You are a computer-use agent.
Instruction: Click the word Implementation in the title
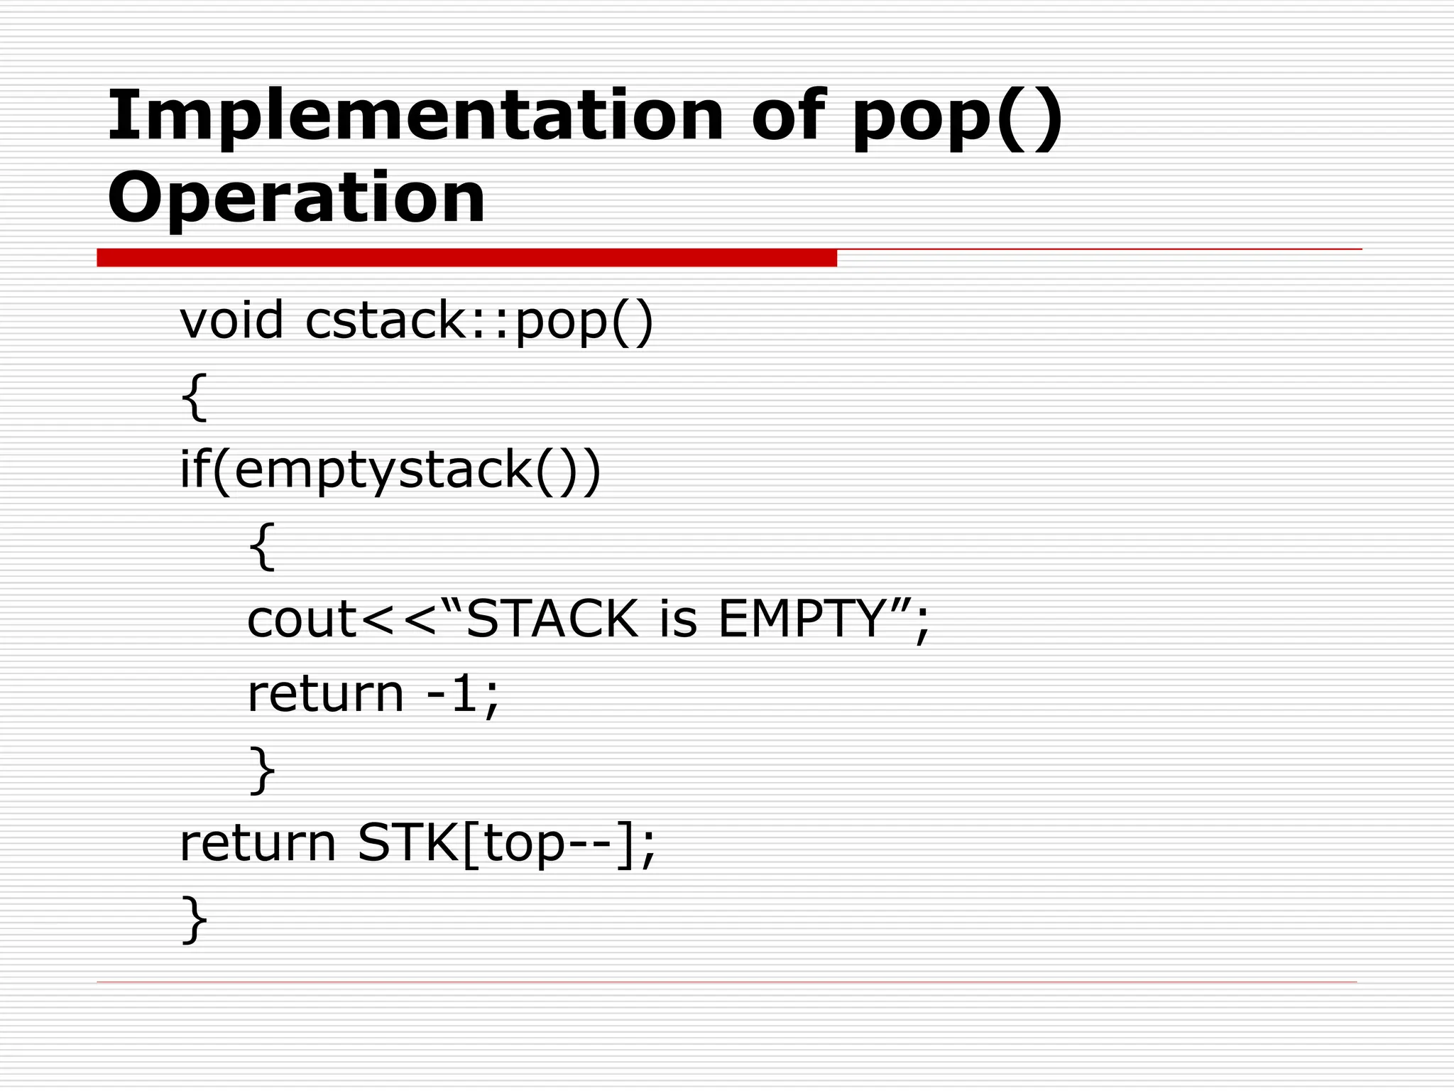coord(415,116)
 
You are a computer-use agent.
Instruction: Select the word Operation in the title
coord(296,197)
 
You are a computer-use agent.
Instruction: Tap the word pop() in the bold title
coord(957,117)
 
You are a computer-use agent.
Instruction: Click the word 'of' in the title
coord(788,116)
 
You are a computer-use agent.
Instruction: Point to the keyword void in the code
coord(231,320)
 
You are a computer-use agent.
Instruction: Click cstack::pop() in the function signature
coord(479,322)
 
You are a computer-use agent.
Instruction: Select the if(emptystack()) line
coord(390,471)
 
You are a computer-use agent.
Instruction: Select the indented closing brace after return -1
coord(262,770)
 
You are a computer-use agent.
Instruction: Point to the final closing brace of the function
coord(194,920)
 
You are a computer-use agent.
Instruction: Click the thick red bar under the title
coord(466,258)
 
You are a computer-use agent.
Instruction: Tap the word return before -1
coord(325,694)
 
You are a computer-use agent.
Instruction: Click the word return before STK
coord(257,844)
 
